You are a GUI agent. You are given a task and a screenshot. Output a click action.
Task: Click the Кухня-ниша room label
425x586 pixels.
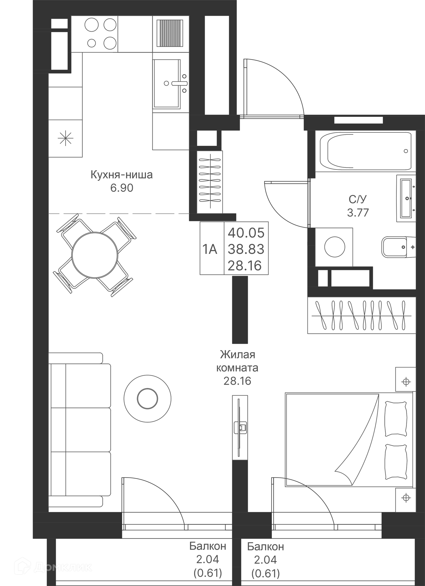click(122, 175)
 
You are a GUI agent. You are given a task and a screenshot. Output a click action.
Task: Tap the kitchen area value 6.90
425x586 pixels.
click(122, 188)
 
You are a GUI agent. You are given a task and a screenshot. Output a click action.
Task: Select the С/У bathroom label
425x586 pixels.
click(357, 199)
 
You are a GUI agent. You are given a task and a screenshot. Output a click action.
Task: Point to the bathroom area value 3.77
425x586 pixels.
click(358, 213)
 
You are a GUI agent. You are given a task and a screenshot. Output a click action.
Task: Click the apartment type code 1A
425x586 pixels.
click(210, 249)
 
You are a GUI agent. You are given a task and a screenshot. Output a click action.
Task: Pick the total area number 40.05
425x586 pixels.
click(246, 233)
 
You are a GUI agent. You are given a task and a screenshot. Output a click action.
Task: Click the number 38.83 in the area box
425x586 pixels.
click(246, 249)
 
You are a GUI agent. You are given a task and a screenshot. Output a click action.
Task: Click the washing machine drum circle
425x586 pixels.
click(334, 247)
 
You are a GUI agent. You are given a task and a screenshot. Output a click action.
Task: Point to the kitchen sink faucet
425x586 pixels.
click(178, 83)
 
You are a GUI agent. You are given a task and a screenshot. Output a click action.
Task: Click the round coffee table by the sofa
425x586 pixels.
click(147, 398)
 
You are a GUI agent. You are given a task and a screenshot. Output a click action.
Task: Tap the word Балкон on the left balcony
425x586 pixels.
click(208, 546)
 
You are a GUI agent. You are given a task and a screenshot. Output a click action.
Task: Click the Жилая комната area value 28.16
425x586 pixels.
click(237, 381)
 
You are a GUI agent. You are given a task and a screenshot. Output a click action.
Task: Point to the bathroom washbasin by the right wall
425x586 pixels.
click(406, 199)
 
